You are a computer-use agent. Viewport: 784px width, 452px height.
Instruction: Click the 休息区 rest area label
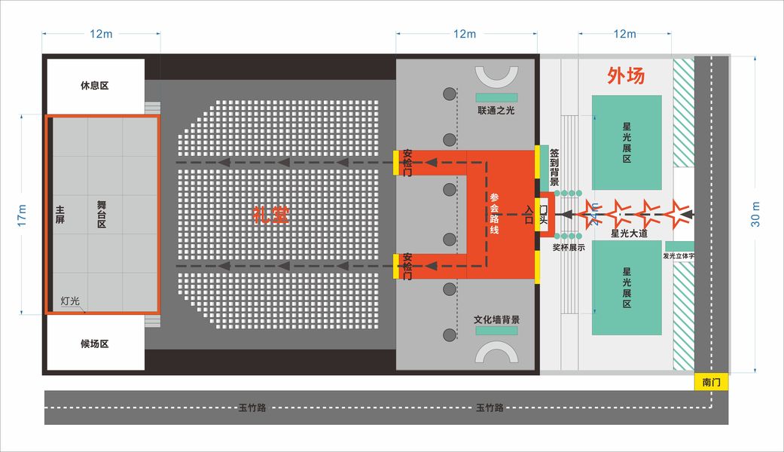tap(95, 86)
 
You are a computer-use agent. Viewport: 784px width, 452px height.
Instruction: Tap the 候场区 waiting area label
tap(95, 344)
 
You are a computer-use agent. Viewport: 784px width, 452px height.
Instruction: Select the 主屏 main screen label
tap(59, 215)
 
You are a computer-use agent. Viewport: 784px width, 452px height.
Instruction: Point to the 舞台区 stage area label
tap(102, 215)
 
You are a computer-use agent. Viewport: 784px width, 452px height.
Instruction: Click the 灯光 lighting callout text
tap(71, 300)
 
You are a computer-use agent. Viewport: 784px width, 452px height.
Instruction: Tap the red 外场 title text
tap(626, 76)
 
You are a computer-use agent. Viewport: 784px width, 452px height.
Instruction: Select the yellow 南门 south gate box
tap(711, 383)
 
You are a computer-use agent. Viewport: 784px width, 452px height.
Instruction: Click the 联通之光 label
tap(496, 111)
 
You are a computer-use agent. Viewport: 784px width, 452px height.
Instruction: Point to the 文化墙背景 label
tap(496, 319)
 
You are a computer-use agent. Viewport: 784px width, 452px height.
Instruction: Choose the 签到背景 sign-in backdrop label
tap(554, 167)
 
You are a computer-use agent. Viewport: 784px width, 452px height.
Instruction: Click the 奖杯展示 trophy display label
tap(569, 246)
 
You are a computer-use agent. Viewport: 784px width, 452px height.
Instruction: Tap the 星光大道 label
tap(629, 234)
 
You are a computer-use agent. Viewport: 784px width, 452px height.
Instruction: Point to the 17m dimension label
tap(22, 215)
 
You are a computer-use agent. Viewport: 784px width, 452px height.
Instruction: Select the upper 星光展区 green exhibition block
tap(627, 142)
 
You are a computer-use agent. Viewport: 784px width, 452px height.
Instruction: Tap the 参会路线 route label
tap(495, 215)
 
